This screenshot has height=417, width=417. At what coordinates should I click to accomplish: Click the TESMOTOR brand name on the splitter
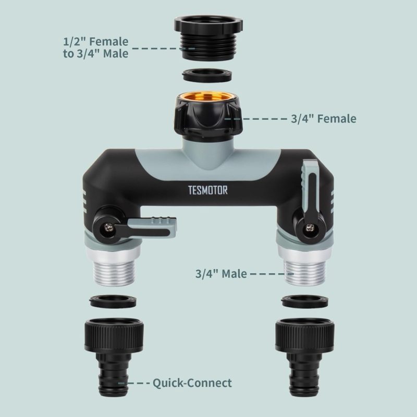207,190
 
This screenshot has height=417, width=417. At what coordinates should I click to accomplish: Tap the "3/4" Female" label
323,119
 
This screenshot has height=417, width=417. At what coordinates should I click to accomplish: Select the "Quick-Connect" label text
192,383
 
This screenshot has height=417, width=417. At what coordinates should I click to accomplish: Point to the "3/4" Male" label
221,274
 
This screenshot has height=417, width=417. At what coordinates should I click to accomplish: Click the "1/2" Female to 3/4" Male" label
96,47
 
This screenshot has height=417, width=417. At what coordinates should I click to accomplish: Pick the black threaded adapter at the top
208,38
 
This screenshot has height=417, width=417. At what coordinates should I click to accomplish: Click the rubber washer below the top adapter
207,75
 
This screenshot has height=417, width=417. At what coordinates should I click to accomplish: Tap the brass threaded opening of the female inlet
208,96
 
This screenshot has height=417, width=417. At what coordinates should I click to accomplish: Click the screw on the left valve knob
108,227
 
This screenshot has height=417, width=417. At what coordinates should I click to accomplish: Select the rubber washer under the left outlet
113,301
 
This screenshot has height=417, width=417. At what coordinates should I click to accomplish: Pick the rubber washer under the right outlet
304,301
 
